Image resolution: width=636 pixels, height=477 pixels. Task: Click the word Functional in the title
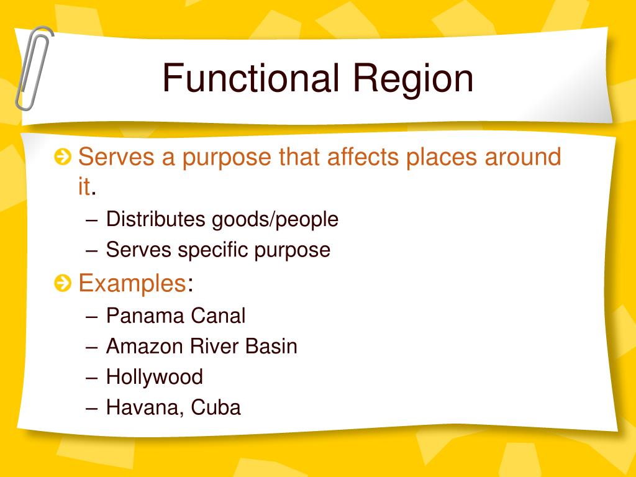tap(251, 79)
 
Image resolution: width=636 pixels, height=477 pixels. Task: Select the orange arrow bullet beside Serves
tap(62, 158)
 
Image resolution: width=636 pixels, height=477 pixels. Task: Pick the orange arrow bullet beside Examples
tap(62, 284)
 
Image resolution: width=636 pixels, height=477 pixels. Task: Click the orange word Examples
tap(132, 284)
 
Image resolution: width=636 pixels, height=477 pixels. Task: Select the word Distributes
tap(155, 219)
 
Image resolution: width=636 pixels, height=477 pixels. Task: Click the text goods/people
tap(275, 220)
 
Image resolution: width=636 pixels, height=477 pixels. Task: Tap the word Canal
tap(218, 316)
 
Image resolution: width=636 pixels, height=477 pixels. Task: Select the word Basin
tap(271, 346)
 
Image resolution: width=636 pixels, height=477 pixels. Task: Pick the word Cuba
tap(216, 408)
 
